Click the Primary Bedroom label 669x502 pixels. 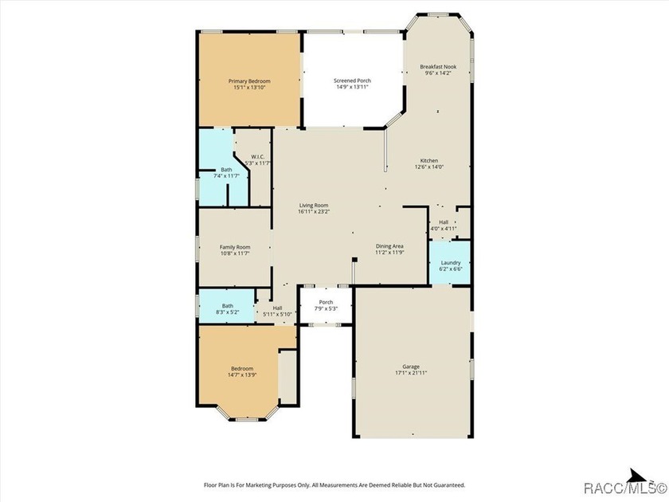tap(249, 81)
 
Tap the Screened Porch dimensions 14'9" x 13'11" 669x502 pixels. tap(352, 87)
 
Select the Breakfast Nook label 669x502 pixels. tap(438, 67)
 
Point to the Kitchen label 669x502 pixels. tap(429, 160)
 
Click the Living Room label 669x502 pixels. tap(314, 206)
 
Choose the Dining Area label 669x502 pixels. tap(389, 246)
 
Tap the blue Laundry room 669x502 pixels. tap(450, 262)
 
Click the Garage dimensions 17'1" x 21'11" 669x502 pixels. tap(411, 373)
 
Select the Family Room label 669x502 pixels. tap(235, 247)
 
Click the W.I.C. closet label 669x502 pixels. tap(258, 157)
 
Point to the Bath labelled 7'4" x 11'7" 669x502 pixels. tap(226, 170)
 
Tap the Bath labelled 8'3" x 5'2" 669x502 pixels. tap(228, 306)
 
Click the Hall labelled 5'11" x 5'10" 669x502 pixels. tap(277, 308)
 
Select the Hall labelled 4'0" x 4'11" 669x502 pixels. tap(444, 222)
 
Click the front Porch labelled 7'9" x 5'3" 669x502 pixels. tap(326, 302)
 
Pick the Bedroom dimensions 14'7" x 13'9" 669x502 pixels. tap(242, 375)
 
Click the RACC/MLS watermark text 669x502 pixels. tap(624, 488)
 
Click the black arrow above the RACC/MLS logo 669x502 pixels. tap(638, 475)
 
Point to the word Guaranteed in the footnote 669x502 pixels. tap(449, 485)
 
